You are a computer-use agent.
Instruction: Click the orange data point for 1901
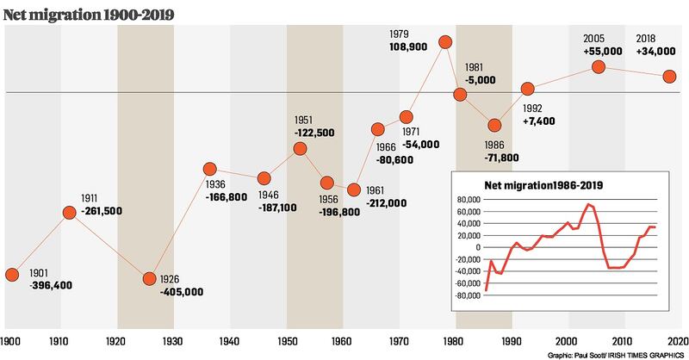click(x=12, y=275)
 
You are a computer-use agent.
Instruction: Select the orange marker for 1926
click(x=149, y=279)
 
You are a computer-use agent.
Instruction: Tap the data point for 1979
click(x=445, y=41)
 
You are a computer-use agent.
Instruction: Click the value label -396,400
click(x=49, y=285)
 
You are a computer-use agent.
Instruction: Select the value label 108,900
click(x=411, y=51)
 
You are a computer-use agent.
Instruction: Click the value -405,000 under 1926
click(x=181, y=292)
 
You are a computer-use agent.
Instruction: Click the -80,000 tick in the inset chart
click(x=469, y=295)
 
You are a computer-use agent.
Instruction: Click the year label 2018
click(x=648, y=38)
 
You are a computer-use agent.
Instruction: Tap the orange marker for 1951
click(x=300, y=148)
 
